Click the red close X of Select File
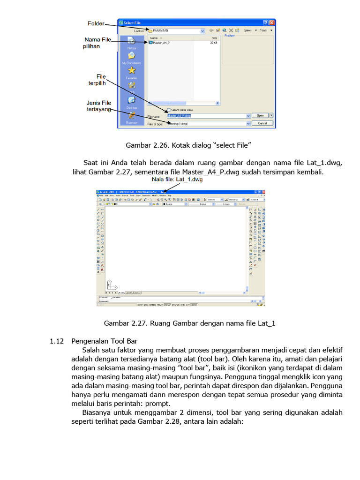[x=272, y=22]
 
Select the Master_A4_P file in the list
[x=160, y=43]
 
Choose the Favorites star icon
[x=132, y=71]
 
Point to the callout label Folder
[x=96, y=23]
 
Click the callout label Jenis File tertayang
[x=98, y=106]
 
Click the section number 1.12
[x=56, y=341]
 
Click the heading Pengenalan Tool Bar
[x=104, y=341]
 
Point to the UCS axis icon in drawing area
[x=111, y=284]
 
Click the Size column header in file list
[x=215, y=37]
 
